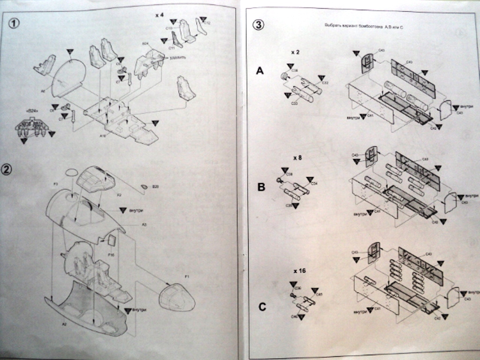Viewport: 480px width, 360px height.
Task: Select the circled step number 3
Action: (258, 25)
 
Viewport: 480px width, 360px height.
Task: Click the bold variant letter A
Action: (260, 71)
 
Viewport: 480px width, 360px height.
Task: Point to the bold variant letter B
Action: (261, 187)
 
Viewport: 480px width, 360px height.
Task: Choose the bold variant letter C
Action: (262, 307)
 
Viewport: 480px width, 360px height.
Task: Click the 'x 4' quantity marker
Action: (159, 15)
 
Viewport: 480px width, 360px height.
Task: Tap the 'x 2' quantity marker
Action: (295, 52)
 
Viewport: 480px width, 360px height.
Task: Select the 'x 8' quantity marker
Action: (297, 157)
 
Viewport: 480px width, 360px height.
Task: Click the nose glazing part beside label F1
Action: (177, 297)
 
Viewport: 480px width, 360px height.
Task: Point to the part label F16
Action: (111, 255)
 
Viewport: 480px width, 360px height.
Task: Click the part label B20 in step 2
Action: (156, 187)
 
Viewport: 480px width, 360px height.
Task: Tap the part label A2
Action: (64, 324)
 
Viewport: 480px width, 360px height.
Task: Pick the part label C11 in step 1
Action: (172, 47)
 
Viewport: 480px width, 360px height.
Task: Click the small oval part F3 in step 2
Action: (71, 172)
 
